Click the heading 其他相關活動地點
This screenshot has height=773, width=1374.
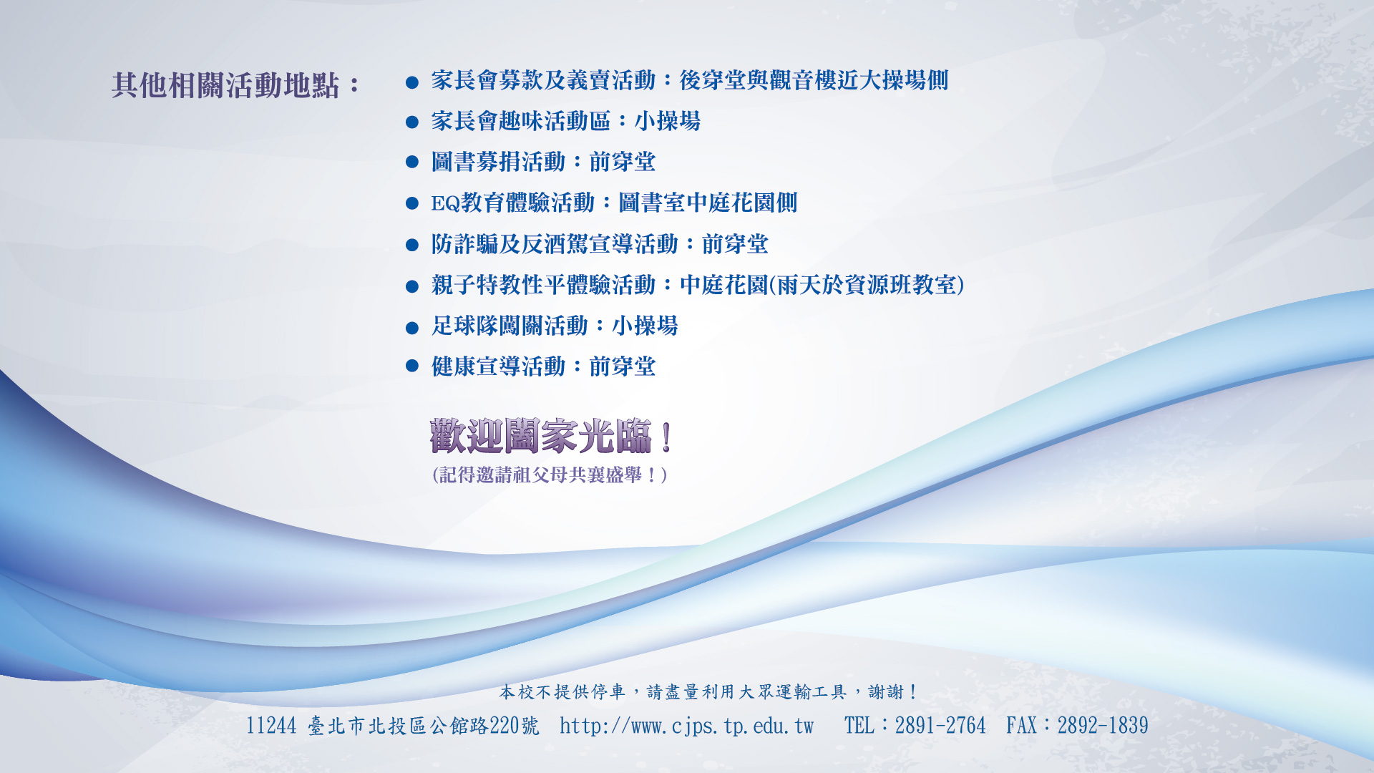pyautogui.click(x=225, y=85)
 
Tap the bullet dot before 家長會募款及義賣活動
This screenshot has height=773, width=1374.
pyautogui.click(x=411, y=82)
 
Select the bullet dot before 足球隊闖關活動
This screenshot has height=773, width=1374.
pyautogui.click(x=411, y=328)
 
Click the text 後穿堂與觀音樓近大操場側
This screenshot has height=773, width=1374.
pyautogui.click(x=814, y=80)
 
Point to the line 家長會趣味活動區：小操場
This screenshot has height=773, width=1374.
pyautogui.click(x=565, y=121)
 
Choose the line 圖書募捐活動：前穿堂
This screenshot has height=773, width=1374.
pyautogui.click(x=543, y=162)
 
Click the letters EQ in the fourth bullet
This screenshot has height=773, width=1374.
pyautogui.click(x=445, y=203)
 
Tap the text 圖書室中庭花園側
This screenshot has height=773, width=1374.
pyautogui.click(x=708, y=203)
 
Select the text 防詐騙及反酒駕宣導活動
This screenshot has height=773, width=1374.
pyautogui.click(x=555, y=244)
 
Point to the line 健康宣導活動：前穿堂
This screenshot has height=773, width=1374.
pyautogui.click(x=543, y=366)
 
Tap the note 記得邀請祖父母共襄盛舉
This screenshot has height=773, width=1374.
pyautogui.click(x=550, y=475)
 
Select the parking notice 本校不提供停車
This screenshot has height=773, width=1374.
pyautogui.click(x=562, y=692)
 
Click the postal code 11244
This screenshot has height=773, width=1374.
pyautogui.click(x=271, y=726)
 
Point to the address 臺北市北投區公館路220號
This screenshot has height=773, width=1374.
pyautogui.click(x=424, y=726)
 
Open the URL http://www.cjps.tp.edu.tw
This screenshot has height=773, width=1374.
pyautogui.click(x=687, y=726)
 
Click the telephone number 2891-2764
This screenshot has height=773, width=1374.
pyautogui.click(x=940, y=726)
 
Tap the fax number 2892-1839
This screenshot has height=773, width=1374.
pyautogui.click(x=1103, y=726)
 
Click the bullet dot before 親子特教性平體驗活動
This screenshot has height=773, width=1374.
pyautogui.click(x=411, y=287)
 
